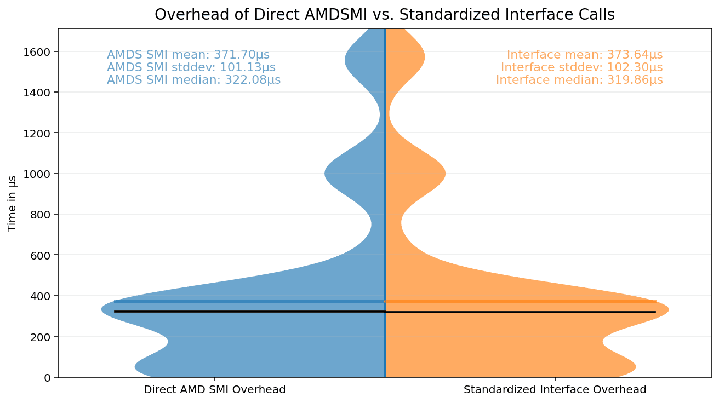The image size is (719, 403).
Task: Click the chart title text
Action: tap(384, 15)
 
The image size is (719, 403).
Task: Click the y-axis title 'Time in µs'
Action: tap(12, 204)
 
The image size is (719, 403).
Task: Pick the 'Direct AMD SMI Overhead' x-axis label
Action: tap(214, 390)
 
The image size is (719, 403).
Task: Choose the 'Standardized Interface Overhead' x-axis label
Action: tap(555, 390)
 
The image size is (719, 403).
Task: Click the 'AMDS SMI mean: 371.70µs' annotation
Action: tap(188, 55)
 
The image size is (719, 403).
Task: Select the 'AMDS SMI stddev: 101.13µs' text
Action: tap(191, 67)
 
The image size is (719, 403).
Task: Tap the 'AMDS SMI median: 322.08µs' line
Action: tap(193, 80)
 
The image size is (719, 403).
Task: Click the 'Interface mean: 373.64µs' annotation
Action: tap(584, 55)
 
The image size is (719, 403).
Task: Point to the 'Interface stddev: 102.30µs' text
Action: tap(581, 67)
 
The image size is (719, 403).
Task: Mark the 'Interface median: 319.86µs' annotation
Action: tap(579, 80)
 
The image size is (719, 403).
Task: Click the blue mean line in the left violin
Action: tap(247, 301)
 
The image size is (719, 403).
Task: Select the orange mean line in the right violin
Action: tap(521, 301)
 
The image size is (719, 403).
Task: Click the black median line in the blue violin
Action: tap(247, 312)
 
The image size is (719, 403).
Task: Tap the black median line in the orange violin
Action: tap(521, 312)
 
